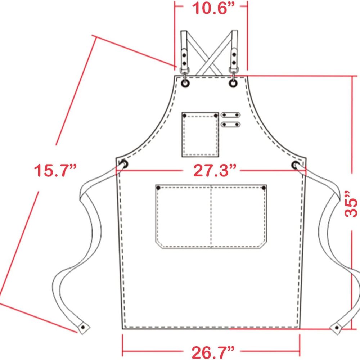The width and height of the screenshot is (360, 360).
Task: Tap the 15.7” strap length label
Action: pyautogui.click(x=55, y=170)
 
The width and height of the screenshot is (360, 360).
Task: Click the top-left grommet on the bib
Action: pyautogui.click(x=185, y=83)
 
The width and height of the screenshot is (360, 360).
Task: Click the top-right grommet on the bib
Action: pyautogui.click(x=233, y=83)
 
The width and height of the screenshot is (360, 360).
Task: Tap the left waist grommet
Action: pyautogui.click(x=124, y=165)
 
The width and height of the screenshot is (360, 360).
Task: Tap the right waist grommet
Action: pyautogui.click(x=295, y=165)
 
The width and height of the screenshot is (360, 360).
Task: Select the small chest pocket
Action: pyautogui.click(x=200, y=135)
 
